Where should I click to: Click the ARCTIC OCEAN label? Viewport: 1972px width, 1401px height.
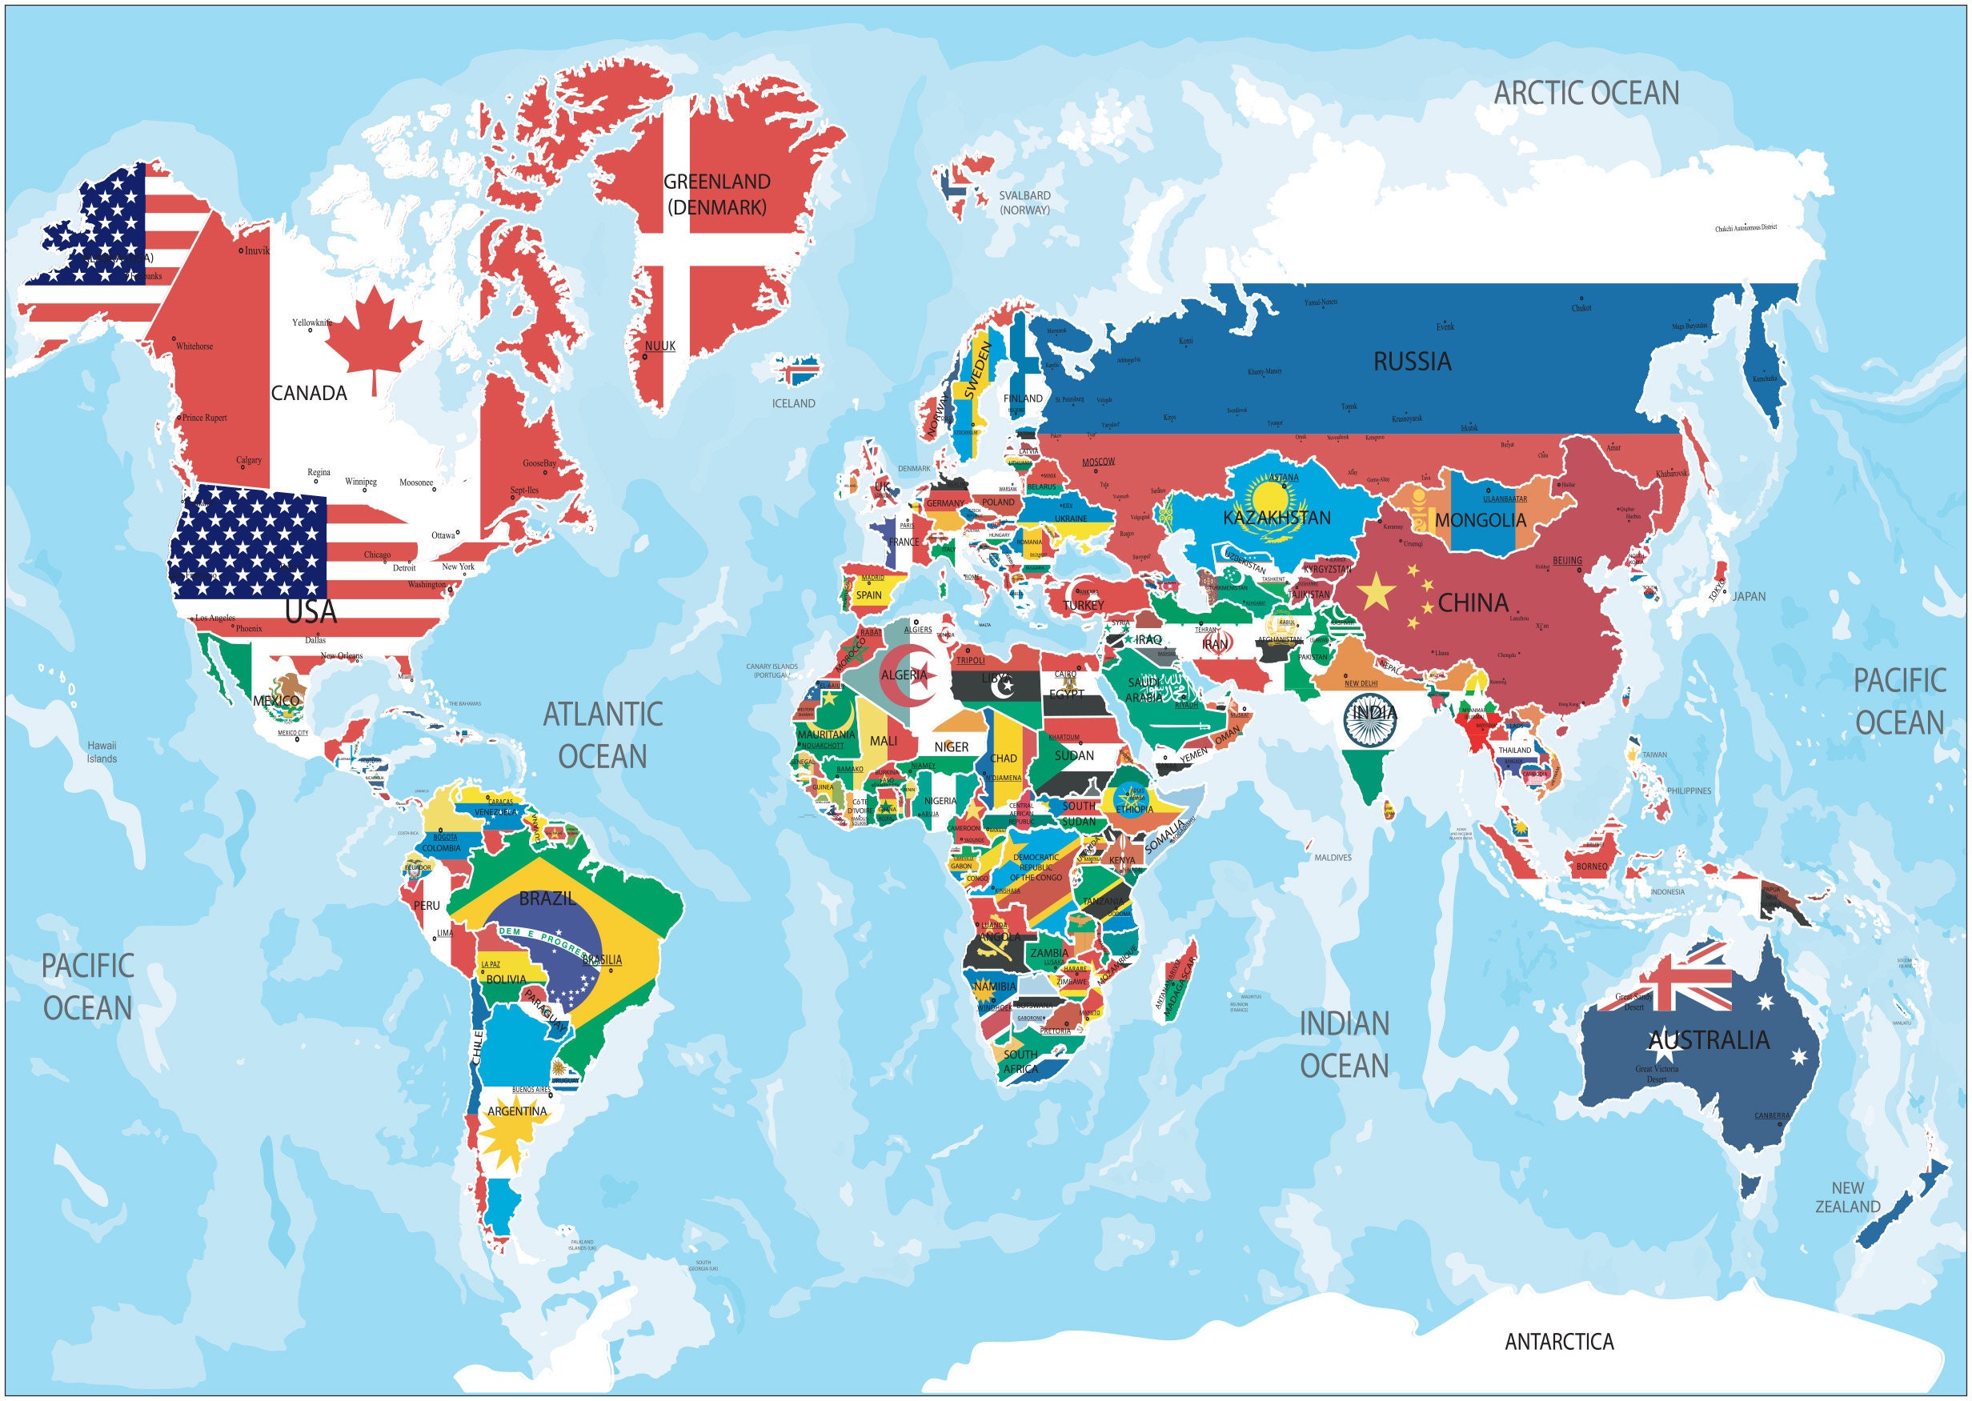coord(1586,93)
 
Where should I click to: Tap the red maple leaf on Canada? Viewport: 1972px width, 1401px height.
coord(374,336)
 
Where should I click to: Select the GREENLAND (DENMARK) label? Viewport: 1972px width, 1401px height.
coord(716,194)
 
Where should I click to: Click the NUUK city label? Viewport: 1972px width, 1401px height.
coord(660,346)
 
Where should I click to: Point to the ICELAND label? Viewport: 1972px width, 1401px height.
coord(793,403)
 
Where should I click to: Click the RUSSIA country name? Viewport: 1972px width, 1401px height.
coord(1412,362)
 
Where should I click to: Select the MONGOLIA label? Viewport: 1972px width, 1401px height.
coord(1480,520)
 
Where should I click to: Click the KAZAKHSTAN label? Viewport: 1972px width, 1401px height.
coord(1277,518)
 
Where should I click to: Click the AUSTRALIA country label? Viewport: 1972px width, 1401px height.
coord(1709,1040)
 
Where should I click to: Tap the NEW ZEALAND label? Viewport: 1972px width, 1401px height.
coord(1847,1198)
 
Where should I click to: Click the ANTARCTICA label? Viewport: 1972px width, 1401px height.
coord(1558,1342)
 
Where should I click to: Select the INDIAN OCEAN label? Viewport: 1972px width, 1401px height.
coord(1345,1045)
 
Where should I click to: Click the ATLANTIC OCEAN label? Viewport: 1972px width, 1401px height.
coord(603,735)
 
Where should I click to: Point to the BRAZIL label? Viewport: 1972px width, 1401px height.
coord(547,899)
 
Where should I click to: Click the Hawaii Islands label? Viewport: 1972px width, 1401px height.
coord(102,751)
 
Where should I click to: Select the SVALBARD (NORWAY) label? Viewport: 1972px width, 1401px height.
coord(1024,202)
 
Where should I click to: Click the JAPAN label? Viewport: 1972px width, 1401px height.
coord(1750,596)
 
